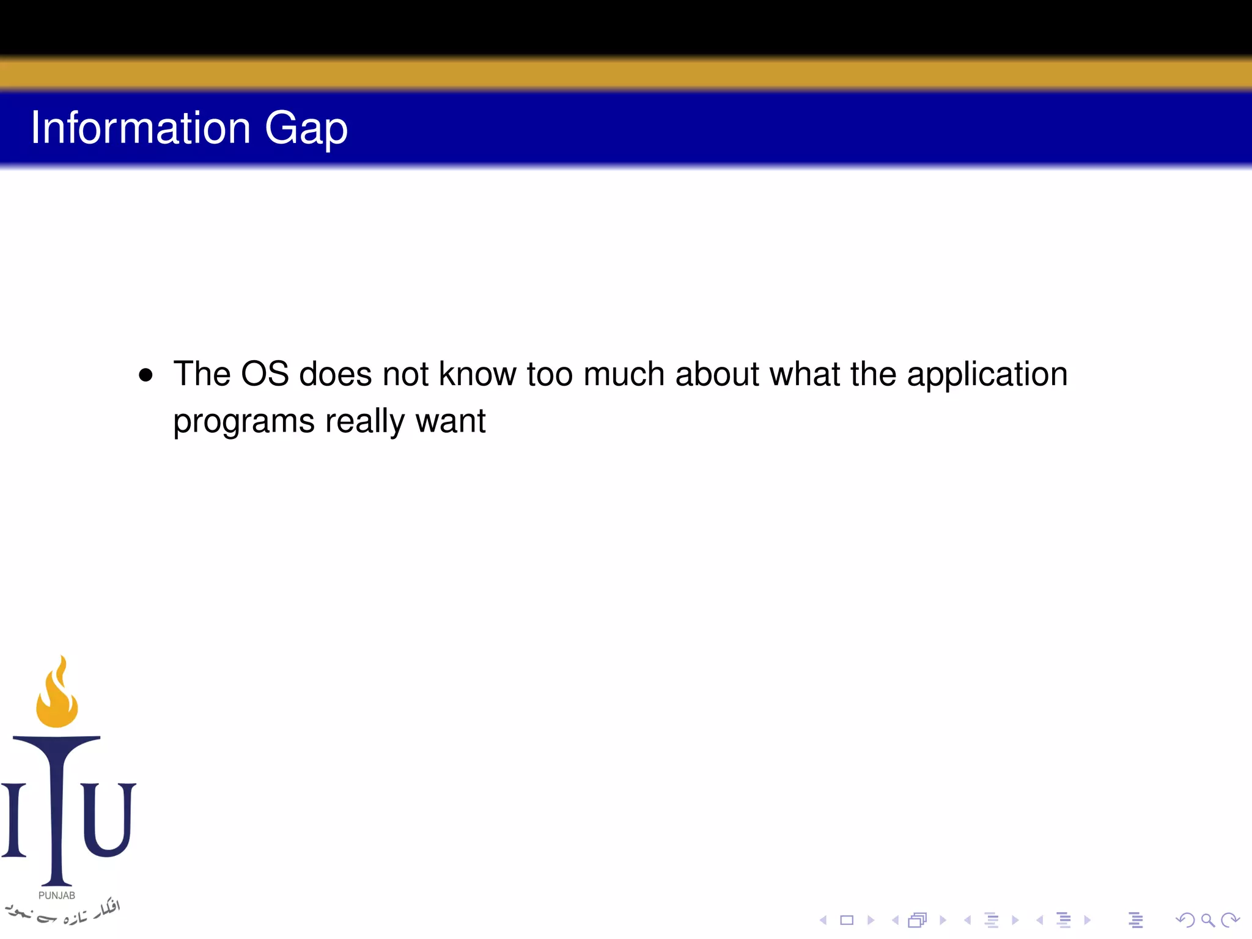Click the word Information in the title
tap(141, 128)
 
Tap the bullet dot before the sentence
tap(145, 375)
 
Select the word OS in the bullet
tap(265, 374)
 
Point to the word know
tap(477, 374)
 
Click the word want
tap(450, 422)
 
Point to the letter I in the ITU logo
tap(14, 819)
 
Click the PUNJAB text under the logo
tap(57, 896)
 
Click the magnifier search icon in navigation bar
tap(1207, 920)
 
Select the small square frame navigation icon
tap(847, 920)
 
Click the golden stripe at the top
tap(626, 73)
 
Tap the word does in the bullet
tap(335, 374)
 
